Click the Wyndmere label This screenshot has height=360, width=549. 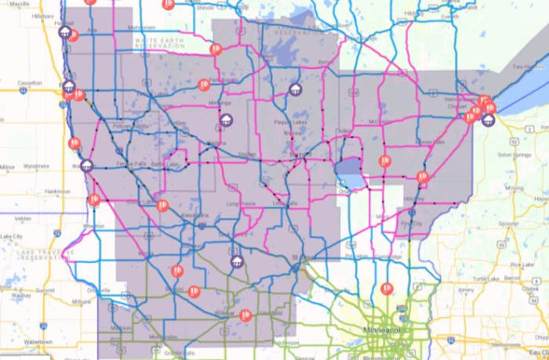tap(36, 166)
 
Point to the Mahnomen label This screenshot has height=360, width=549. tap(118, 27)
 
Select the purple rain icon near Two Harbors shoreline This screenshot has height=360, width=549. tap(489, 120)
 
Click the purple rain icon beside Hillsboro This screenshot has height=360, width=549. tap(68, 33)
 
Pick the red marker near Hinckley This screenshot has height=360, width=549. tap(422, 177)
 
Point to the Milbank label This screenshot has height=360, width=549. tap(81, 300)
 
